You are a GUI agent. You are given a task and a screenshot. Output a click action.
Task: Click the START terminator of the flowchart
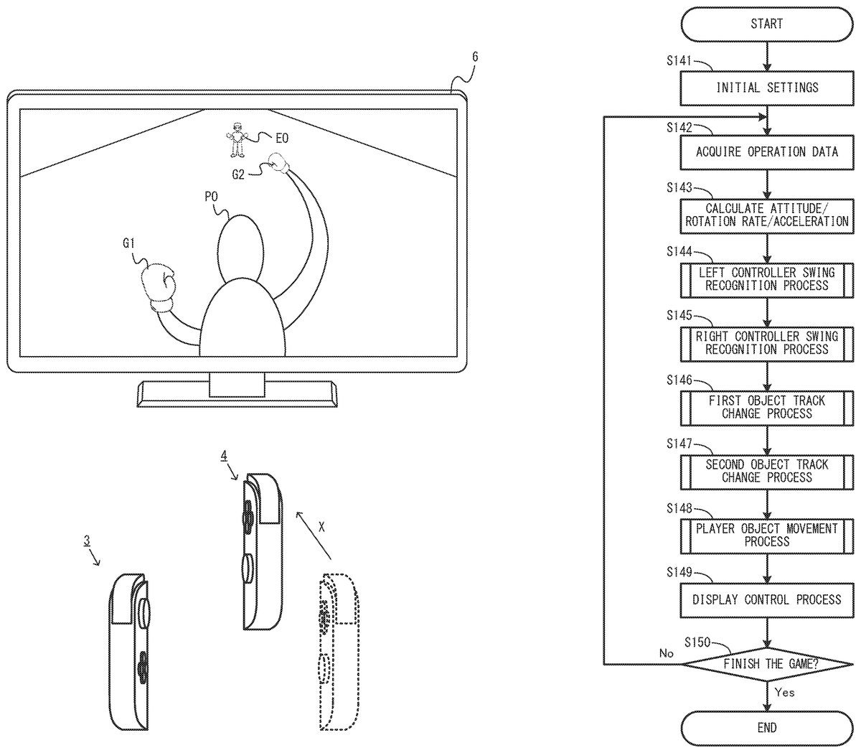point(766,24)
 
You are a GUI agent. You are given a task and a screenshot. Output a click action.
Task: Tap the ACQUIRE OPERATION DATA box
point(766,151)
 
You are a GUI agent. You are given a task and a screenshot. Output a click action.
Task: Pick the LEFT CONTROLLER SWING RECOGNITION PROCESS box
point(766,279)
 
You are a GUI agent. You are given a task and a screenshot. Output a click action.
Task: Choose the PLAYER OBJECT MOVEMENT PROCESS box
point(766,535)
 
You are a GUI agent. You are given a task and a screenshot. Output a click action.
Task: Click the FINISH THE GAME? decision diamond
point(766,664)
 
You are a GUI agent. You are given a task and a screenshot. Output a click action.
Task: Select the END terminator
point(766,728)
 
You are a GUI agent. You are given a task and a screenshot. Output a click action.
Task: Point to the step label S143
point(679,188)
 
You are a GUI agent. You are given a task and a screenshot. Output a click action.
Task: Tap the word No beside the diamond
point(666,653)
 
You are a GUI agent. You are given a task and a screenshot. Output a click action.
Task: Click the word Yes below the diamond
point(785,693)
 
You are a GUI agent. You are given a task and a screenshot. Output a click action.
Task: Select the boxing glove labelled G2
point(276,163)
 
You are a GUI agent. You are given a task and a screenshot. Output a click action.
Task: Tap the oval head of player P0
point(237,248)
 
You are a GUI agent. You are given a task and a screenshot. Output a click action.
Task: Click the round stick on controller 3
point(144,614)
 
